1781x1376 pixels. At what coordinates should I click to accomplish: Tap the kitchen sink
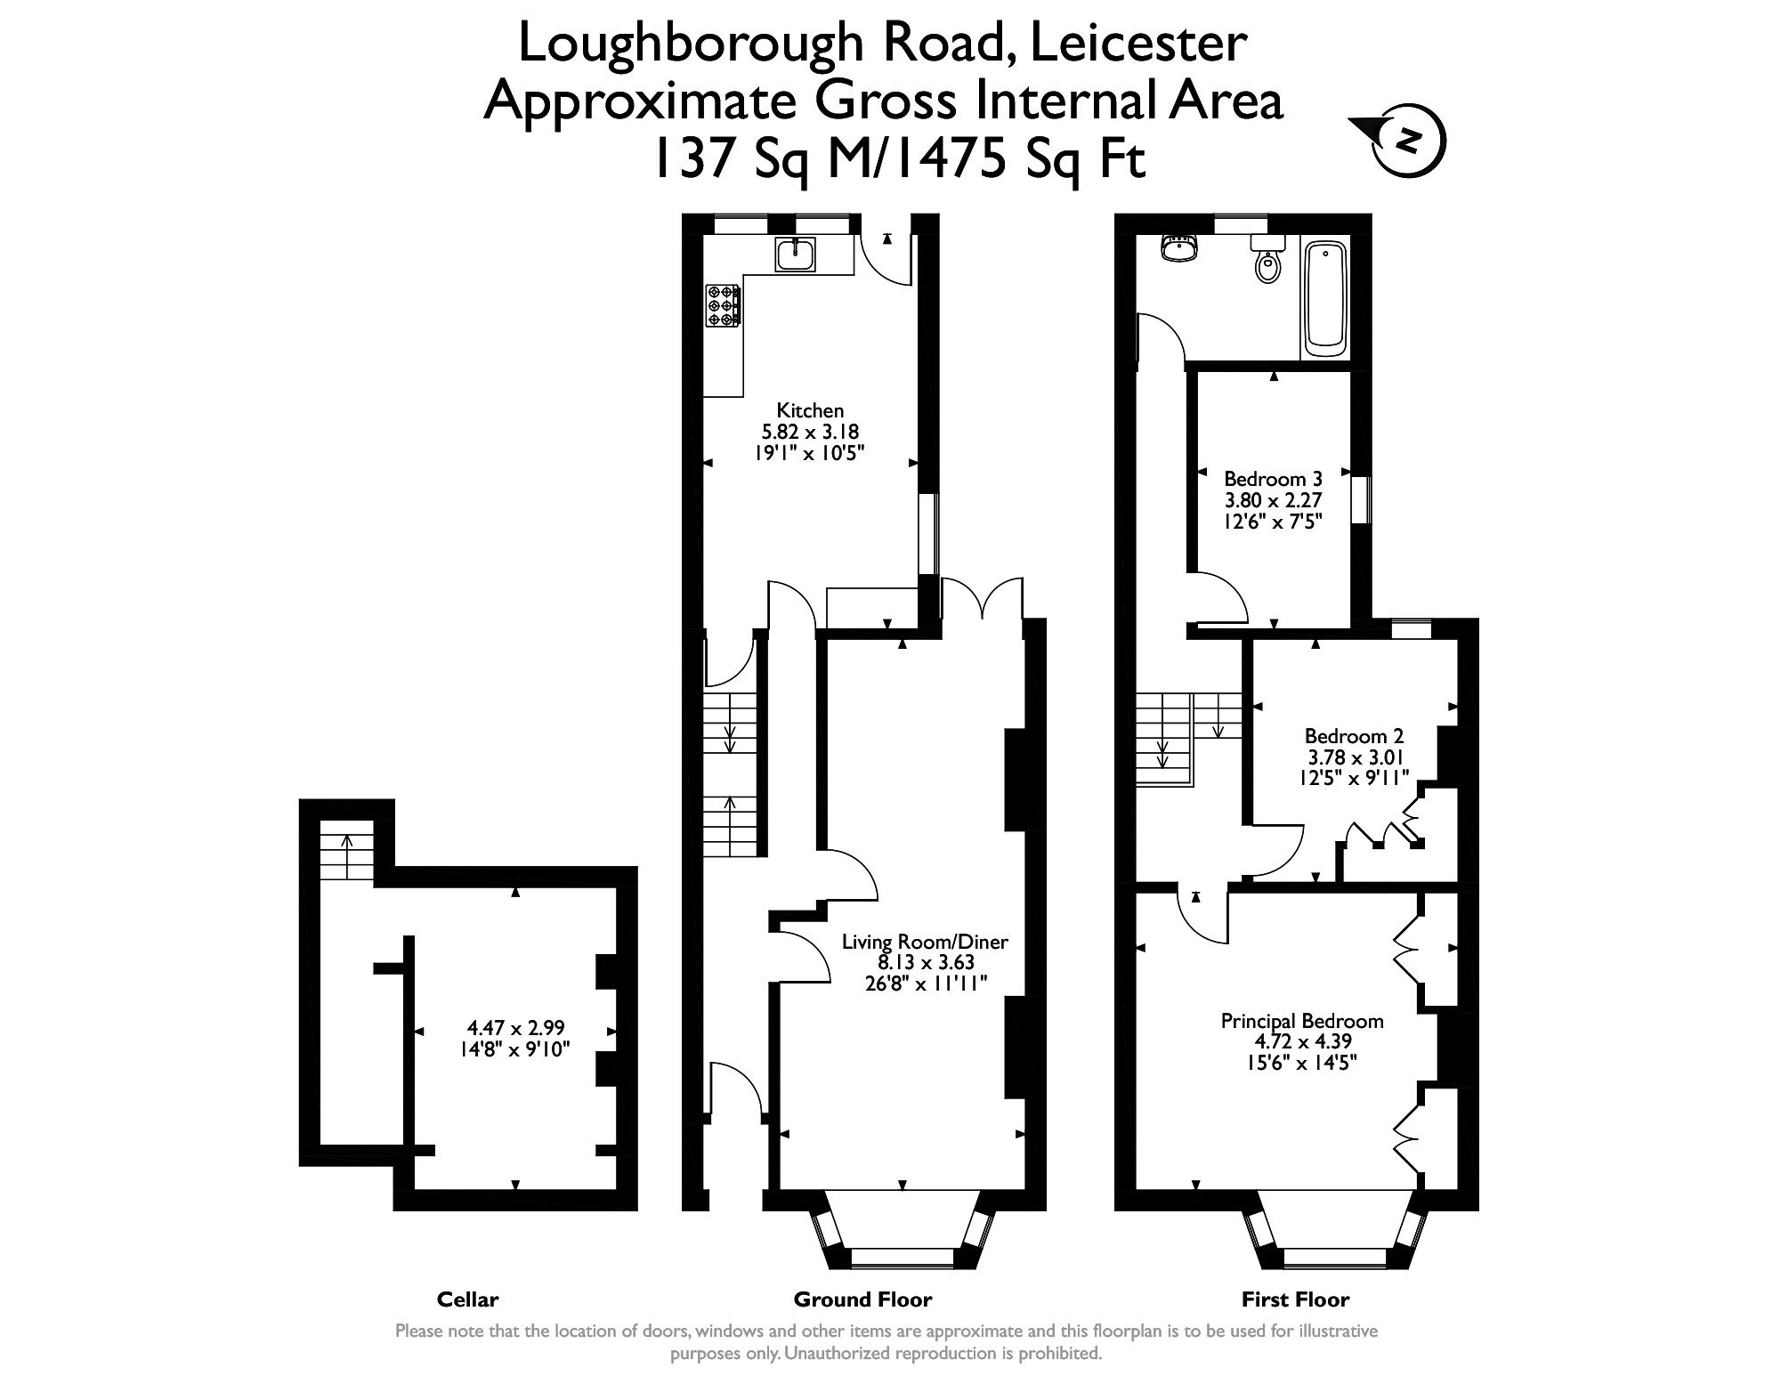pos(794,255)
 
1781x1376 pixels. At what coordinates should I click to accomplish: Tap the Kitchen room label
pos(810,410)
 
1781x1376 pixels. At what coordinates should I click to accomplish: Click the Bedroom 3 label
pos(1273,478)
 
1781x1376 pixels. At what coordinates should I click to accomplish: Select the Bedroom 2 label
pos(1354,736)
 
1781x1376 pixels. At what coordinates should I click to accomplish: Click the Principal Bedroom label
pos(1302,1021)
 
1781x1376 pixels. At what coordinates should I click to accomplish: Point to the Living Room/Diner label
pos(926,942)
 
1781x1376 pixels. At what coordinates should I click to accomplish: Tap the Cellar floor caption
pos(467,1299)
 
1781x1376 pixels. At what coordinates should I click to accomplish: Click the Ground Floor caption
pos(862,1299)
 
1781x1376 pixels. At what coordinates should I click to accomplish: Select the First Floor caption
pos(1295,1299)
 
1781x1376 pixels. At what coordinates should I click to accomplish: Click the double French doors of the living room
pos(982,598)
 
